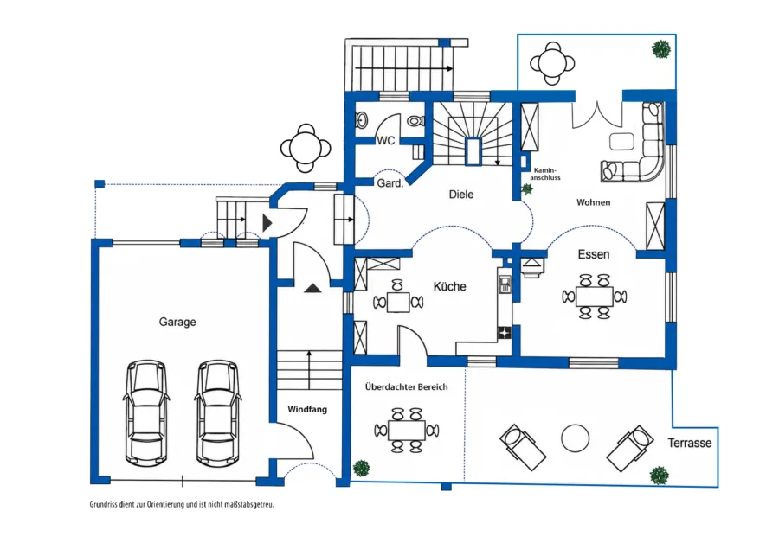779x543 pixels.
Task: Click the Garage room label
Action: (x=177, y=323)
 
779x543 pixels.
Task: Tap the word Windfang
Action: (x=307, y=410)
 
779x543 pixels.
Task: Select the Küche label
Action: (x=449, y=286)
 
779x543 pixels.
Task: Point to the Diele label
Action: (x=461, y=195)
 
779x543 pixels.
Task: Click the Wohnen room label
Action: (x=593, y=202)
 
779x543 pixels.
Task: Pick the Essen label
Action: (x=594, y=254)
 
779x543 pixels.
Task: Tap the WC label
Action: (x=386, y=140)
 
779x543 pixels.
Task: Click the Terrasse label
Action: (x=690, y=443)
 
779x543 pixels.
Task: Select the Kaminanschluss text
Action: (x=545, y=174)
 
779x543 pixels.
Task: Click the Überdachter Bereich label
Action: (x=407, y=387)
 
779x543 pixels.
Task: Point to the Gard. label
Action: (x=390, y=183)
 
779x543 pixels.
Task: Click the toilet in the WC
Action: (x=415, y=120)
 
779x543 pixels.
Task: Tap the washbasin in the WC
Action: (x=362, y=120)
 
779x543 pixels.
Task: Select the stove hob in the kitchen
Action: (x=505, y=333)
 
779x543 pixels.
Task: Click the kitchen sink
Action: (x=505, y=284)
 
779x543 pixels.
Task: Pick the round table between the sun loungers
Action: (x=576, y=438)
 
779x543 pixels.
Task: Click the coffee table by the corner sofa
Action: (x=622, y=141)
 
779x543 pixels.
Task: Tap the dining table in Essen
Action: (x=595, y=297)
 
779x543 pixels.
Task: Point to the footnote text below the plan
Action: (x=182, y=505)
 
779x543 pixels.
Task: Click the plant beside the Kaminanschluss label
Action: (x=526, y=189)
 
